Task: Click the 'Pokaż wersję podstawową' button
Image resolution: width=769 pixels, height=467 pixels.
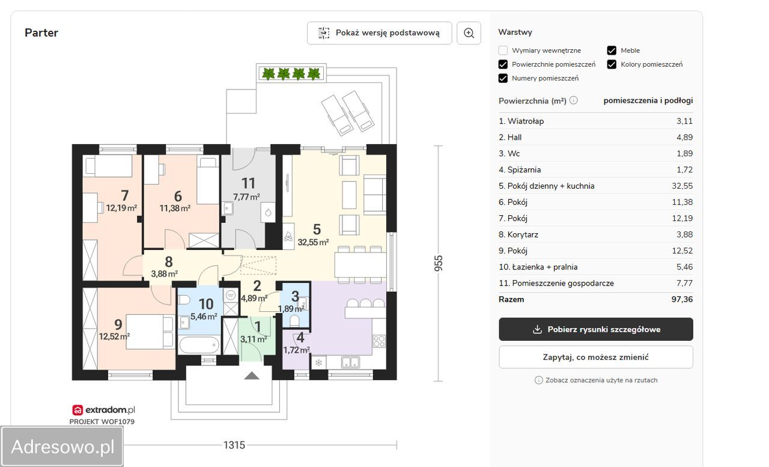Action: [379, 33]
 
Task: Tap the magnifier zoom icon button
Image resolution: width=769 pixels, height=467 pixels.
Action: [469, 33]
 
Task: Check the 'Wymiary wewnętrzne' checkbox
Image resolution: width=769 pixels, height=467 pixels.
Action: [503, 50]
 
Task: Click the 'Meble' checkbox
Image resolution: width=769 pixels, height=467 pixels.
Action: [612, 50]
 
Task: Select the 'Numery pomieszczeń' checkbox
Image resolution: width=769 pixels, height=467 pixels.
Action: [503, 78]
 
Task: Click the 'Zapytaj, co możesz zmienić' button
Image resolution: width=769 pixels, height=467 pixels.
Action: [595, 357]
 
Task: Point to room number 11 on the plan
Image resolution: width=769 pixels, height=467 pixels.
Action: [248, 183]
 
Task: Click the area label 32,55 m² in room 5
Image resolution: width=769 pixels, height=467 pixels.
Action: [313, 242]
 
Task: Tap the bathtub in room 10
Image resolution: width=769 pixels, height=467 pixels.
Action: [199, 344]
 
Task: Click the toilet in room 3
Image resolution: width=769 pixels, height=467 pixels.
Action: [294, 321]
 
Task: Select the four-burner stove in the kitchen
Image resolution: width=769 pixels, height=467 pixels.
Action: [379, 341]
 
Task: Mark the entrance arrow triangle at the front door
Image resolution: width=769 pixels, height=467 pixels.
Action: [252, 376]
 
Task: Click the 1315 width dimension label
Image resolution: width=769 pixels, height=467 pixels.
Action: [234, 445]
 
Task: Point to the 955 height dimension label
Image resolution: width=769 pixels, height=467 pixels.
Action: [439, 263]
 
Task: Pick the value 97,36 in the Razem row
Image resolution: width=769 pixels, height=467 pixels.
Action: [682, 299]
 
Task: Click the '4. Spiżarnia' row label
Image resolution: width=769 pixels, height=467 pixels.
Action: [520, 169]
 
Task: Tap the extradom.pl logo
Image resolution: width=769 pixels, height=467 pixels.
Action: [104, 410]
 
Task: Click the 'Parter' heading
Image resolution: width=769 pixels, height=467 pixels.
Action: [41, 32]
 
